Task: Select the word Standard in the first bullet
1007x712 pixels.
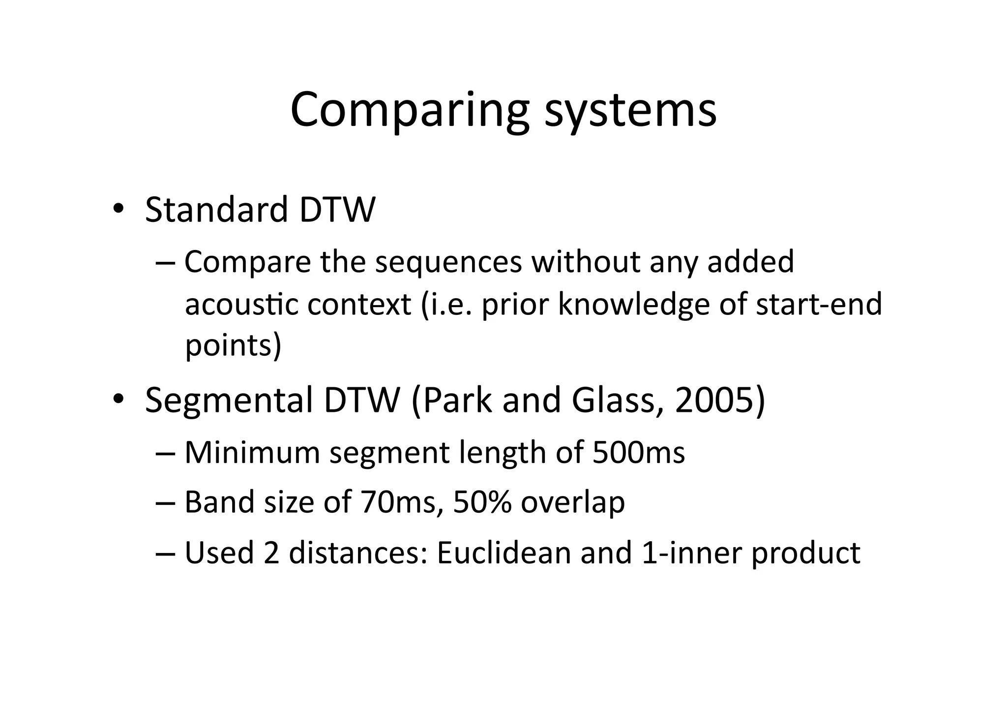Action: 216,210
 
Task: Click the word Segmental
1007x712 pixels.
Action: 229,400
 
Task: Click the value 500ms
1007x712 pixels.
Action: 638,453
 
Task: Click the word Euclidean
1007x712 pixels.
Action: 503,553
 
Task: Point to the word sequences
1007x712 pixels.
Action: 448,262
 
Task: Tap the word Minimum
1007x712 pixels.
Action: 252,453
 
